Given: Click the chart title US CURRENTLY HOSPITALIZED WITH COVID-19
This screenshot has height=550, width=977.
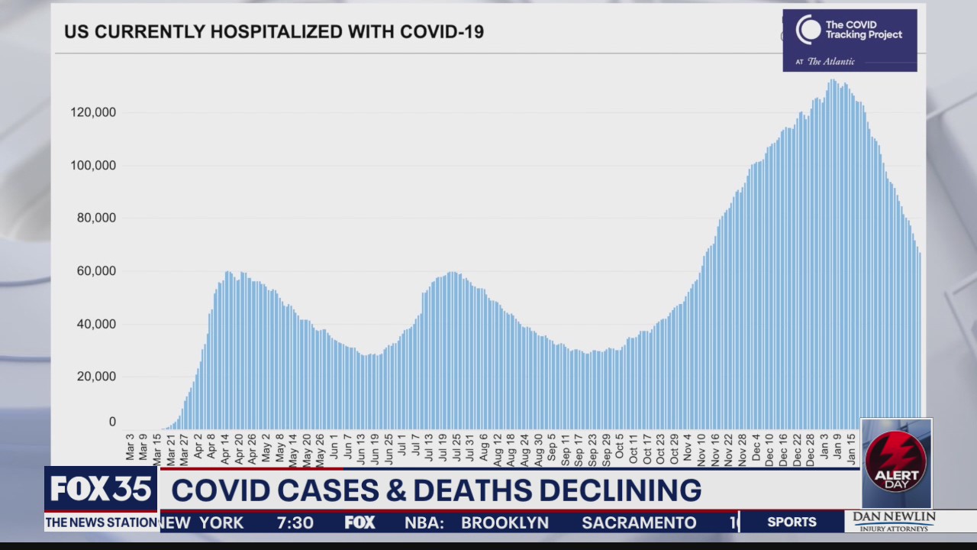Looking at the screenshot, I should click(x=273, y=32).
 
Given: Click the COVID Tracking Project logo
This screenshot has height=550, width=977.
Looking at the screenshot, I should click(x=849, y=40).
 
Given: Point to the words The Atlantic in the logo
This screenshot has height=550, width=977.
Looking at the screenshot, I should click(x=830, y=62).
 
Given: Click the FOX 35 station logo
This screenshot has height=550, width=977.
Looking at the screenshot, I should click(x=101, y=489).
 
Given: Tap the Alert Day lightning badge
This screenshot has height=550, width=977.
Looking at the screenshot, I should click(x=896, y=464).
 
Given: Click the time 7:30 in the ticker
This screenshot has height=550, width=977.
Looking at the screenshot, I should click(x=295, y=522).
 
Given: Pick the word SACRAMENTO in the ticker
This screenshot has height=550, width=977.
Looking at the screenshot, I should click(x=639, y=522).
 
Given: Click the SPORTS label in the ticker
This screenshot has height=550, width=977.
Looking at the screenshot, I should click(x=792, y=522).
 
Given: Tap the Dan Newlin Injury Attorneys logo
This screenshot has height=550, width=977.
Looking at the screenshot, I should click(x=894, y=522).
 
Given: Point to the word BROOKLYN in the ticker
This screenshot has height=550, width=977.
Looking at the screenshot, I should click(x=505, y=522).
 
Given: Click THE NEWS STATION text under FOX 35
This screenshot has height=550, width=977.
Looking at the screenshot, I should click(x=101, y=522).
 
